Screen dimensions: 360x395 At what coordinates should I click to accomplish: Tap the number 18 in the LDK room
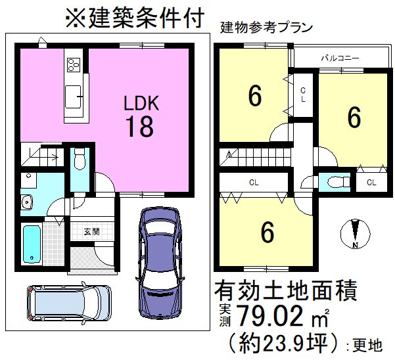click(139, 127)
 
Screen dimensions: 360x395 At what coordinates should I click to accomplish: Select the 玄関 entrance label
click(91, 231)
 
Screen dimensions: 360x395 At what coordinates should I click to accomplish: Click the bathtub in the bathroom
click(32, 244)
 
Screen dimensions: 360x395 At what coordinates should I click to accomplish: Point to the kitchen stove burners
click(73, 65)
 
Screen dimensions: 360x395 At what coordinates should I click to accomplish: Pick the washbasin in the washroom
click(28, 202)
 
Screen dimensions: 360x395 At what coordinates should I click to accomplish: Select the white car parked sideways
click(62, 305)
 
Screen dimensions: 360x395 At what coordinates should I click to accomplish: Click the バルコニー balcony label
click(339, 58)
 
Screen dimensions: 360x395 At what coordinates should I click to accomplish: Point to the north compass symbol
click(354, 233)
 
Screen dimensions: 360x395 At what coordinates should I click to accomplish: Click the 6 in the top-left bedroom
click(254, 97)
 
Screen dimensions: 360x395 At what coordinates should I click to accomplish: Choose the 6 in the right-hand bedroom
click(354, 118)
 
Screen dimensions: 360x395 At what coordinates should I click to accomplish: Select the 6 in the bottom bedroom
click(267, 232)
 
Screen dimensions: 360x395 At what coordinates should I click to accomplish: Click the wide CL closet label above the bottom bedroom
click(253, 181)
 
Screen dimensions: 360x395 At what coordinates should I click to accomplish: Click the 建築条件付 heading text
click(131, 18)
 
